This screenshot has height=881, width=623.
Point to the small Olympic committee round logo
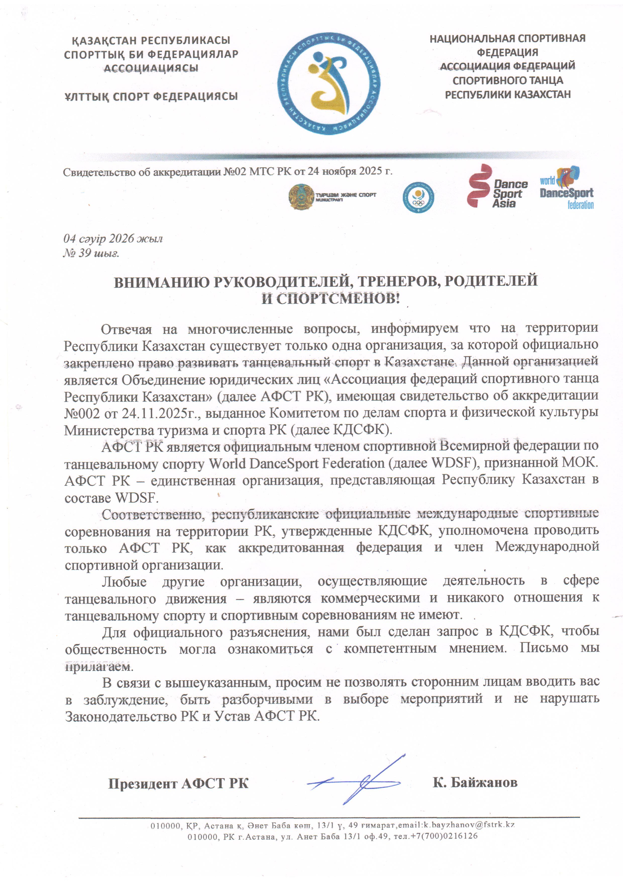coord(418,197)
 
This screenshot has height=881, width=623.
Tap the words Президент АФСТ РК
coord(178,783)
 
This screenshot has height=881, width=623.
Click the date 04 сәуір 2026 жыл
coord(113,239)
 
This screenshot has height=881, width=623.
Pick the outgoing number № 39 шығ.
coord(91,253)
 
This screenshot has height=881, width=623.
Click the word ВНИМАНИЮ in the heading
coord(161,282)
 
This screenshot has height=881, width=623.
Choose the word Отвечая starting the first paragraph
coord(126,329)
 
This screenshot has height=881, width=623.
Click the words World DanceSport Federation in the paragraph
coord(296,464)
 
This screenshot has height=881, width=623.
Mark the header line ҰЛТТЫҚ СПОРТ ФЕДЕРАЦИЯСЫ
coord(151,96)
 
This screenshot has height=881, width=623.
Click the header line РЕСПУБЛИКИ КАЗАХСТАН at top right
coord(507,95)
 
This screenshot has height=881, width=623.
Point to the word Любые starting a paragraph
coord(124,582)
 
